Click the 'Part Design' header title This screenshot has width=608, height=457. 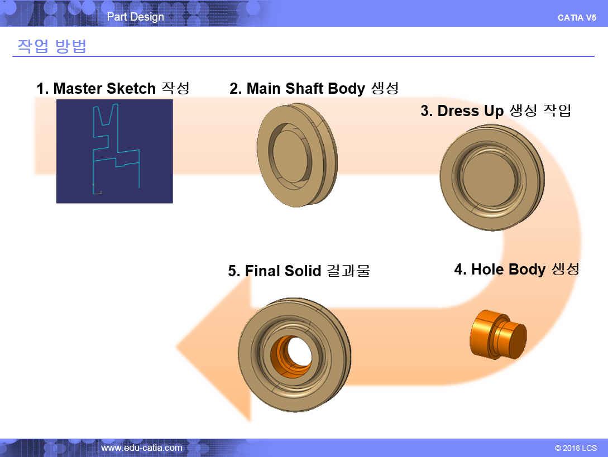135,17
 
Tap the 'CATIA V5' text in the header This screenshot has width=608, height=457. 577,18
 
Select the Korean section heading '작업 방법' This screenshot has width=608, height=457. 51,46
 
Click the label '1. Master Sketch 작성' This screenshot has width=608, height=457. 113,88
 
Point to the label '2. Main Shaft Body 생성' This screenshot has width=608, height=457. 314,88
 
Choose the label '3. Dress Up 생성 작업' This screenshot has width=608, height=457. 496,111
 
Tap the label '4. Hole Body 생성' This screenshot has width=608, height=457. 517,270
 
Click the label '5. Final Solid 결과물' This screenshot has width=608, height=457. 299,271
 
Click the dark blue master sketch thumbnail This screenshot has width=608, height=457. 114,151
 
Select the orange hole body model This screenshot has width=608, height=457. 498,334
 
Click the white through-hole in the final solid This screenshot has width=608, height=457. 299,351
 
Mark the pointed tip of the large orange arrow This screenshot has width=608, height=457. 176,346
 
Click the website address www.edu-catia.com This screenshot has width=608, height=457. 141,448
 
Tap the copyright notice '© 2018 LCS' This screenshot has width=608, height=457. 576,448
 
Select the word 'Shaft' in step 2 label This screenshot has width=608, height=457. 304,88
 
